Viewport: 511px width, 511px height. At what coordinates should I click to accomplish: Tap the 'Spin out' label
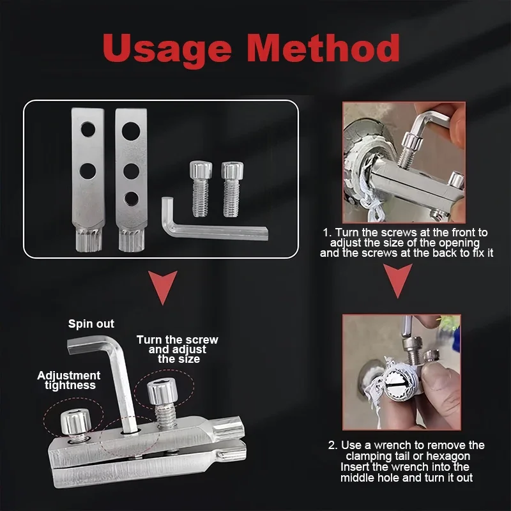tap(91, 324)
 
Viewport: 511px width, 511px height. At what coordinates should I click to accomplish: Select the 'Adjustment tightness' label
tap(68, 380)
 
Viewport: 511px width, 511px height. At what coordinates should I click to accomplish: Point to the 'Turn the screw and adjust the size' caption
tap(177, 349)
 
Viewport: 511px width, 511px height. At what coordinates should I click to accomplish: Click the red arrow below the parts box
tap(162, 286)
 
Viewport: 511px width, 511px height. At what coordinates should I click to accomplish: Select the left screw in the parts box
tap(200, 188)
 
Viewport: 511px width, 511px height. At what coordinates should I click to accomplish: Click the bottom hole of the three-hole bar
tap(132, 196)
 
